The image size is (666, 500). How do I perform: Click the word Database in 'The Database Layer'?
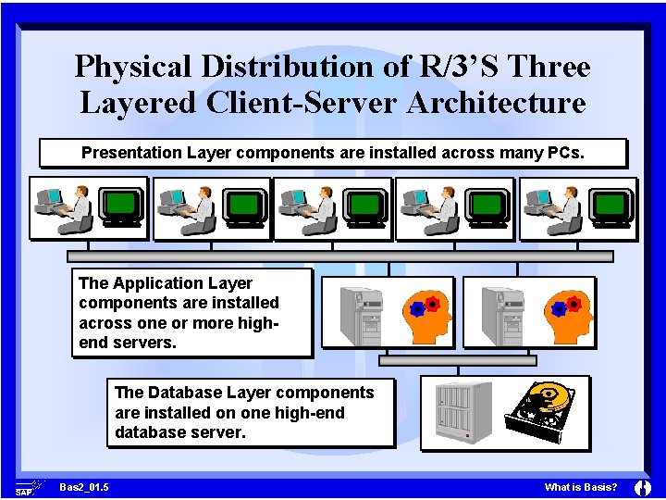[183, 393]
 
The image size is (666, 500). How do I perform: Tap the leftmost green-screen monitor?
[121, 206]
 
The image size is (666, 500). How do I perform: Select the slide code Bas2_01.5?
[83, 487]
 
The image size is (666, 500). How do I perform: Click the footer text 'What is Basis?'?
[581, 487]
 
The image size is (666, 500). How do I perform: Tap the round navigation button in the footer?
[643, 487]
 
